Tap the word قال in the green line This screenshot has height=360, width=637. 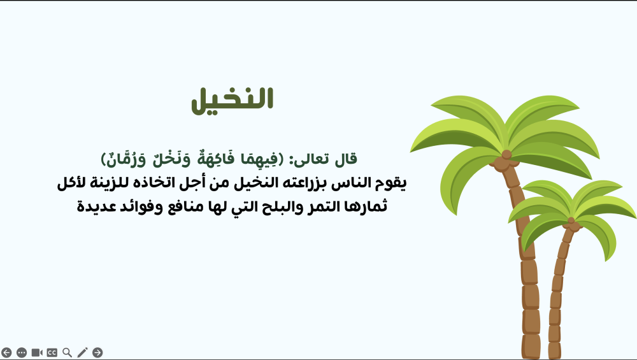tap(346, 159)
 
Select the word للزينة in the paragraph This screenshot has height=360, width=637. tap(110, 183)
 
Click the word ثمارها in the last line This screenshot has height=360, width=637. tap(366, 206)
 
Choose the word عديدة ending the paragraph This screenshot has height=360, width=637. tap(90, 206)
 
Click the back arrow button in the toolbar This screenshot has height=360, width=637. tap(6, 352)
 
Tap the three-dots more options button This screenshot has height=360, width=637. tap(22, 352)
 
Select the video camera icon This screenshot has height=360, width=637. tap(37, 352)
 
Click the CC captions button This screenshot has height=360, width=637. tap(52, 352)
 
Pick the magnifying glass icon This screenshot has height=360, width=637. tap(67, 352)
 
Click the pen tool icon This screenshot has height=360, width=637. tap(82, 352)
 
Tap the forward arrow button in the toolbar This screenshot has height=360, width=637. tap(97, 352)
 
